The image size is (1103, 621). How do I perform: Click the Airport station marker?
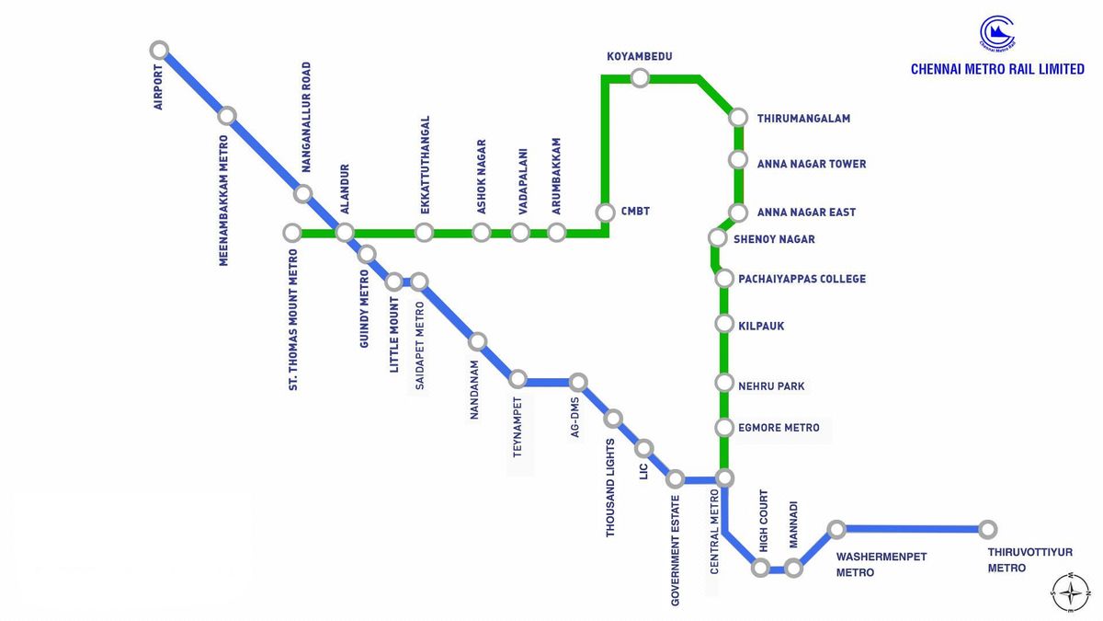(160, 50)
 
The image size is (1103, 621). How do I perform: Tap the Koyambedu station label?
(640, 57)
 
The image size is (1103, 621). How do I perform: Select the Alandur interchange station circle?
(345, 233)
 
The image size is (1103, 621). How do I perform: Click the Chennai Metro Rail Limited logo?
(997, 33)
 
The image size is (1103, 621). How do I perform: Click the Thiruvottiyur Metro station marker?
(987, 529)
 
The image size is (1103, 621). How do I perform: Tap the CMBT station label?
(635, 212)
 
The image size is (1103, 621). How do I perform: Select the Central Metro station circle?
(724, 477)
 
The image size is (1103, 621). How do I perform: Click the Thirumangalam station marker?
(738, 118)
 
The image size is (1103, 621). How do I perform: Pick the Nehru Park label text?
(771, 386)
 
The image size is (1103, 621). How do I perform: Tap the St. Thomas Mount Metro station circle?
(292, 233)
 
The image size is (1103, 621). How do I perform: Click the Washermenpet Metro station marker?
(836, 529)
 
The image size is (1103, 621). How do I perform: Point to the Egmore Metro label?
(779, 428)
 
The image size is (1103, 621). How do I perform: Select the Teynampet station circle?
(518, 379)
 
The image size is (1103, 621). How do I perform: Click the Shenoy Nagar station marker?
(718, 238)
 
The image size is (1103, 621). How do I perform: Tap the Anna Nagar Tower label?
(811, 165)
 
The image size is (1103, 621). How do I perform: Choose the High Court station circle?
(760, 568)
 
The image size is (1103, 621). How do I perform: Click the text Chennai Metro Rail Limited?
(997, 69)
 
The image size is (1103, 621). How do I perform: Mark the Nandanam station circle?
(477, 341)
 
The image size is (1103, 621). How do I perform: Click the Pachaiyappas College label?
(802, 279)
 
